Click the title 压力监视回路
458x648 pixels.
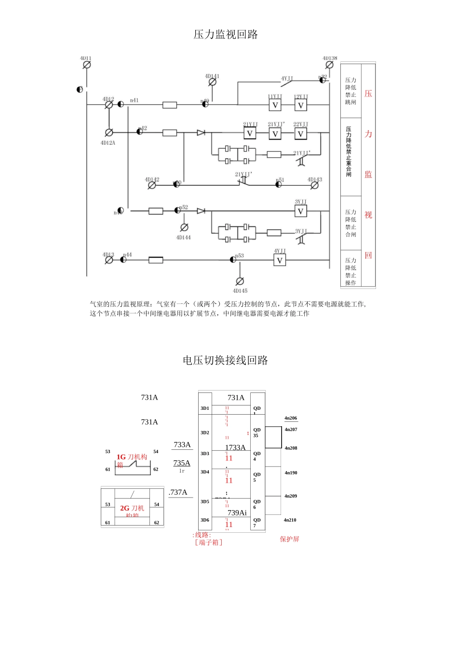(x=226, y=34)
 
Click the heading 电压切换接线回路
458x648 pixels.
(x=225, y=360)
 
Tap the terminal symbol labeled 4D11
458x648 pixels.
(x=87, y=65)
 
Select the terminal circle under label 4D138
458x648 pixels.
(x=329, y=65)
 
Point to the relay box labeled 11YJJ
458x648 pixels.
(x=275, y=105)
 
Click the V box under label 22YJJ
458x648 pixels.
(x=300, y=134)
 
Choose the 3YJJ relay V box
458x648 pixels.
(x=300, y=211)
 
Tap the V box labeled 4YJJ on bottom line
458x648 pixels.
(x=280, y=260)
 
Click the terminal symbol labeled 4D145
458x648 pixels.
(x=240, y=282)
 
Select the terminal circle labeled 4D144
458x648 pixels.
(x=184, y=228)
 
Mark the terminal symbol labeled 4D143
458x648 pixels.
(x=314, y=185)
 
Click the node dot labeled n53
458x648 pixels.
(x=233, y=259)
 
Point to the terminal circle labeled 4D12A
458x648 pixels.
(x=109, y=132)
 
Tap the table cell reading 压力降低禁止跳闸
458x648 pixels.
(x=350, y=91)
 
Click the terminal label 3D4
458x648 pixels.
(x=205, y=472)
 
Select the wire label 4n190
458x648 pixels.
(x=291, y=473)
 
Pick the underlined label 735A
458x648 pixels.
(x=182, y=463)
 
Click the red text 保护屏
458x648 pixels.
(x=289, y=539)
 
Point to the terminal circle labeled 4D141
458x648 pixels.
(x=212, y=82)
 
